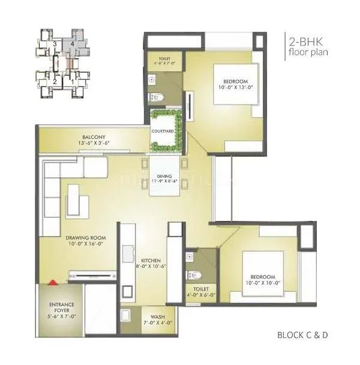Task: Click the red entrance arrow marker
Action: [53, 281]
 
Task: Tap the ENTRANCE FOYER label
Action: [62, 308]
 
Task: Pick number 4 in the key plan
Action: [72, 44]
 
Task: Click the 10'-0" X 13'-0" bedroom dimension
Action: [230, 88]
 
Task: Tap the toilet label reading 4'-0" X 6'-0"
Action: [201, 295]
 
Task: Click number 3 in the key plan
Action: [55, 44]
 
